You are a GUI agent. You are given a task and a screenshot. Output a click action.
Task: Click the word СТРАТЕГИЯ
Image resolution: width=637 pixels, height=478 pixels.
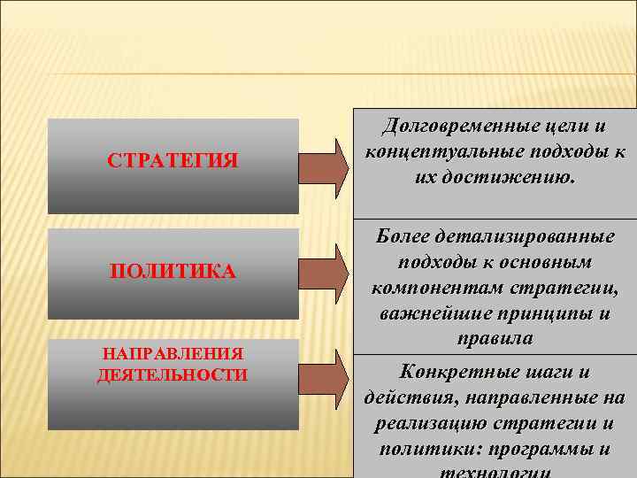173,160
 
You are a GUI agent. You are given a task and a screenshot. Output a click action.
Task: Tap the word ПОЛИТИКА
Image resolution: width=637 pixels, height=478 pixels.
173,271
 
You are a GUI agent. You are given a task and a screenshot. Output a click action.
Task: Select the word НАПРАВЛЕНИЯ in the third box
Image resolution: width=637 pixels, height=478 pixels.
173,354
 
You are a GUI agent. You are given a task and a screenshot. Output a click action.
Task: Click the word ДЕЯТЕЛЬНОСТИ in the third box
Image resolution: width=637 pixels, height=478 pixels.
173,374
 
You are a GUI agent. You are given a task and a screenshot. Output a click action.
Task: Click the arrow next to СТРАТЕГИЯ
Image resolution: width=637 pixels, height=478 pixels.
323,166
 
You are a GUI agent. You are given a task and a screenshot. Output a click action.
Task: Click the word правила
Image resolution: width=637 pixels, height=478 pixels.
495,339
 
